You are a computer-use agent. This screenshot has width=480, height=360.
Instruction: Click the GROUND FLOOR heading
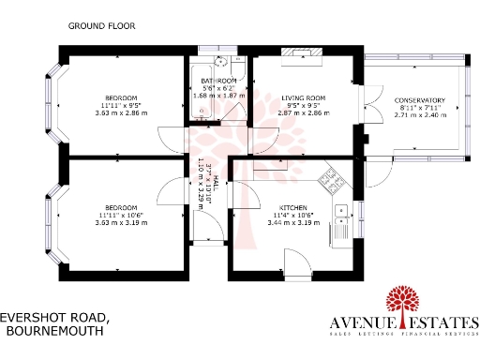(97, 27)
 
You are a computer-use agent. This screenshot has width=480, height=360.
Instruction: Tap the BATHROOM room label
(217, 80)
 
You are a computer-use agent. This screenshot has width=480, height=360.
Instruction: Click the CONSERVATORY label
(415, 100)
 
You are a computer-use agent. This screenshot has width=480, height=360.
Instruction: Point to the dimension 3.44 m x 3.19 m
(293, 223)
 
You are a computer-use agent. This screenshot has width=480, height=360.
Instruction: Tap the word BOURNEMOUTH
(56, 331)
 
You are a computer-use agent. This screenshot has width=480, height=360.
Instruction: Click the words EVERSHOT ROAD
(56, 318)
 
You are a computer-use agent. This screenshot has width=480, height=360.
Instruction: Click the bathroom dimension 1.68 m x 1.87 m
(217, 96)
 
